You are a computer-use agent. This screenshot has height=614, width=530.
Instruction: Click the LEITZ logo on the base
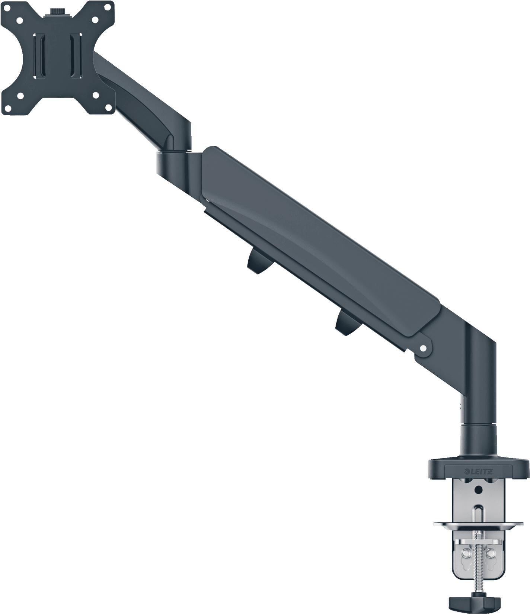tap(480, 472)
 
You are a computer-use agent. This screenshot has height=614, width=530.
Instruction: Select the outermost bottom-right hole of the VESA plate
tap(109, 108)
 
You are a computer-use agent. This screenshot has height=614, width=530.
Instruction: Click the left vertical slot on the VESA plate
tap(40, 56)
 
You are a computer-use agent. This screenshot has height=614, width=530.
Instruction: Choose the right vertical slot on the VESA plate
tap(76, 56)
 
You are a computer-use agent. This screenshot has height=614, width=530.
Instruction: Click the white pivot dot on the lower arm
tap(422, 348)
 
